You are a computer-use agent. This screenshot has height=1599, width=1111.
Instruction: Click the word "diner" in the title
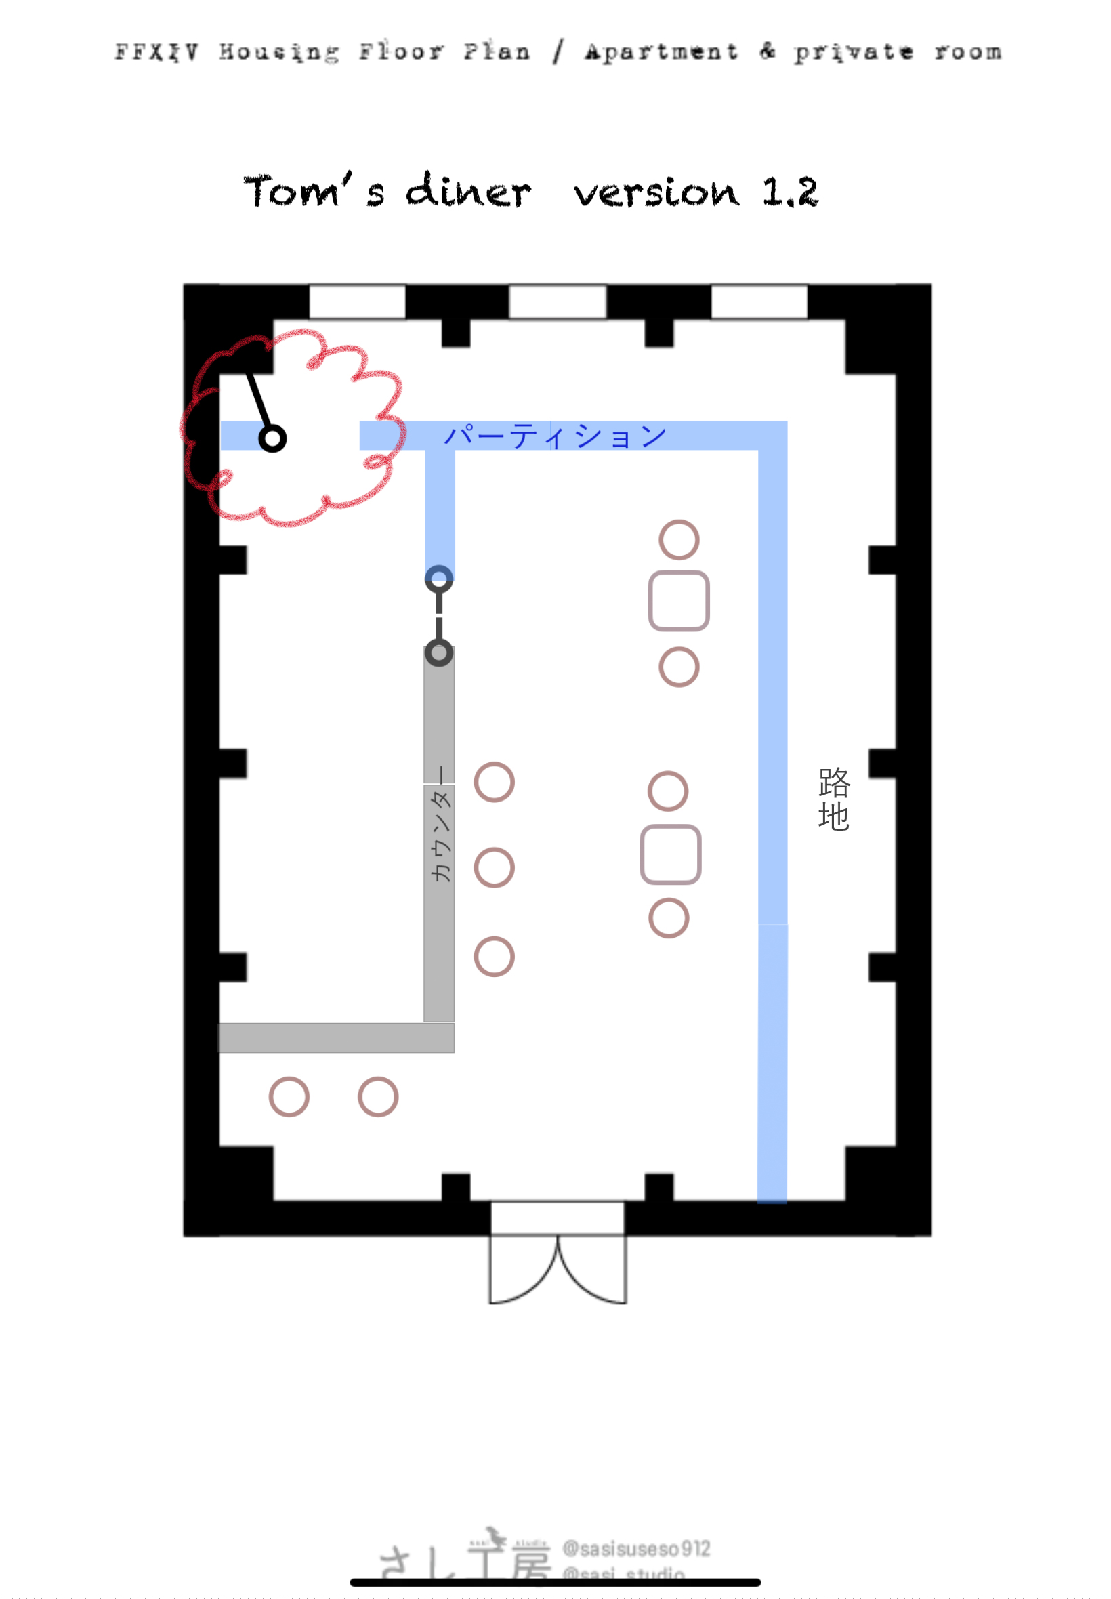tap(468, 192)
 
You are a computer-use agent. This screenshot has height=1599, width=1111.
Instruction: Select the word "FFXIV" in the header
tap(156, 52)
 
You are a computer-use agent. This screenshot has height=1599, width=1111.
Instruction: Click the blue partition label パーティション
tap(555, 436)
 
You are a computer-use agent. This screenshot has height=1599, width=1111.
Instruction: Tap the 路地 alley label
tap(834, 799)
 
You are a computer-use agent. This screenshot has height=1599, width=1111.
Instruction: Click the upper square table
tap(679, 601)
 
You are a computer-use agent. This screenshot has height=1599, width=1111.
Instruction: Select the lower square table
tap(671, 854)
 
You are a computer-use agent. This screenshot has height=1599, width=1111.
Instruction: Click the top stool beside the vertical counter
tap(495, 783)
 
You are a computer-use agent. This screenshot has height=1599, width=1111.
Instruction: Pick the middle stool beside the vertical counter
tap(495, 867)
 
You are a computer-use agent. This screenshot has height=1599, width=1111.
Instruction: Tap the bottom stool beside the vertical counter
tap(495, 957)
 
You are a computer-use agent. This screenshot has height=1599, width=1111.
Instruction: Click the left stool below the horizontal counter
tap(289, 1097)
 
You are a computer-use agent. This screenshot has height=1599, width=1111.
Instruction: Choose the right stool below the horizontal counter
tap(378, 1097)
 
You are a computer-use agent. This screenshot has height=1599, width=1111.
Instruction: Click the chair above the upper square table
tap(679, 539)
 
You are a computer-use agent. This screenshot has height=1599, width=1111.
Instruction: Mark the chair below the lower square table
tap(669, 918)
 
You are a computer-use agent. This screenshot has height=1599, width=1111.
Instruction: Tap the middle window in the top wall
tap(558, 302)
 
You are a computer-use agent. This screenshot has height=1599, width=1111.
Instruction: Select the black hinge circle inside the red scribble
tap(272, 438)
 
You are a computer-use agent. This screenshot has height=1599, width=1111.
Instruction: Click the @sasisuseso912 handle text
tap(636, 1548)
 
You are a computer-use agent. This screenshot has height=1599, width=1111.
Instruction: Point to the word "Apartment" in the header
tap(661, 52)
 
